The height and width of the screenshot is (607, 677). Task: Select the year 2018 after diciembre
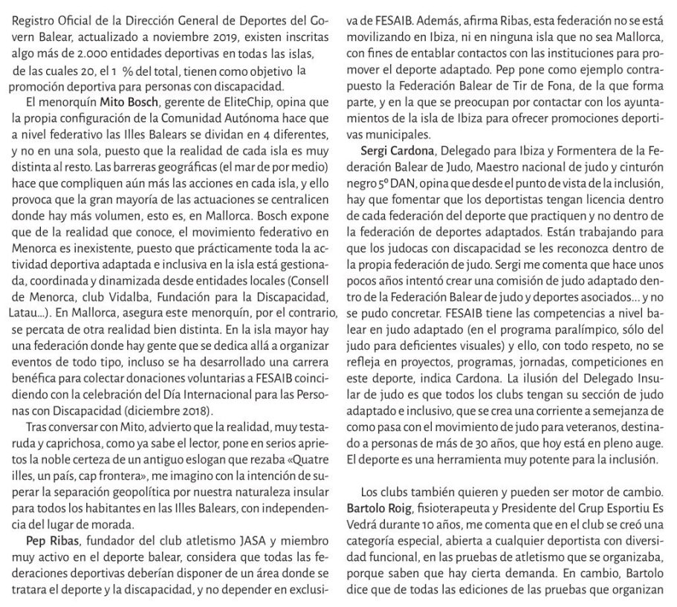coord(194,410)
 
